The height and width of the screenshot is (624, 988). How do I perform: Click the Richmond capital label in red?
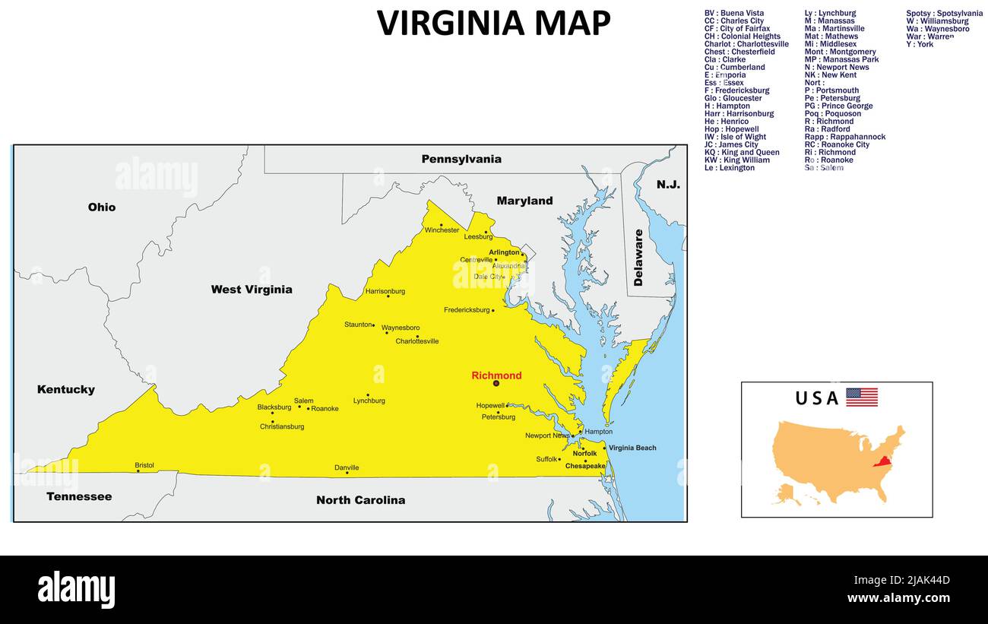coord(496,375)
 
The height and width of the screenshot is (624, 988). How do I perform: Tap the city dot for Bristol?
coord(138,471)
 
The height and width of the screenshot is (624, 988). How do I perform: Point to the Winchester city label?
coord(442,230)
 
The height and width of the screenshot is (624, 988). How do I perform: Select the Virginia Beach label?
coord(632,448)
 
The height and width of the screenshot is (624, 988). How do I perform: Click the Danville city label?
coord(347,467)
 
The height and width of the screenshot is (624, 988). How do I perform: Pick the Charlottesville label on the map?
coord(416,341)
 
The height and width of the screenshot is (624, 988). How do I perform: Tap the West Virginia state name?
coord(252,290)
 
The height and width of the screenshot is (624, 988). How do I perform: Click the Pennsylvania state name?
coord(461,160)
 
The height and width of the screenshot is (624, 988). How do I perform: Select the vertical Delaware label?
coord(638,258)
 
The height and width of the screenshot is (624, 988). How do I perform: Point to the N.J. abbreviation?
coord(668,185)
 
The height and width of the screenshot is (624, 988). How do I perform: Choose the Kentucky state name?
coord(66,390)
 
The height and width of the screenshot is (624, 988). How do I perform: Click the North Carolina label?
coord(360,500)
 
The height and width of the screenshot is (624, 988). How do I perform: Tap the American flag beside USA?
coord(861,397)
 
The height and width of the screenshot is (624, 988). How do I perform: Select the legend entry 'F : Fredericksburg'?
coord(736,90)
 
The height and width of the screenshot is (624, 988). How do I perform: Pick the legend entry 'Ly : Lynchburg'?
coord(830,13)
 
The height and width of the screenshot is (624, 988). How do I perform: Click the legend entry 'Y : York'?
coord(920,44)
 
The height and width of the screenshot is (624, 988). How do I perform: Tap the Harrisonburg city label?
coord(385,291)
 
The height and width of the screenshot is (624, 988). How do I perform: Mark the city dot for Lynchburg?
coord(368,394)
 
